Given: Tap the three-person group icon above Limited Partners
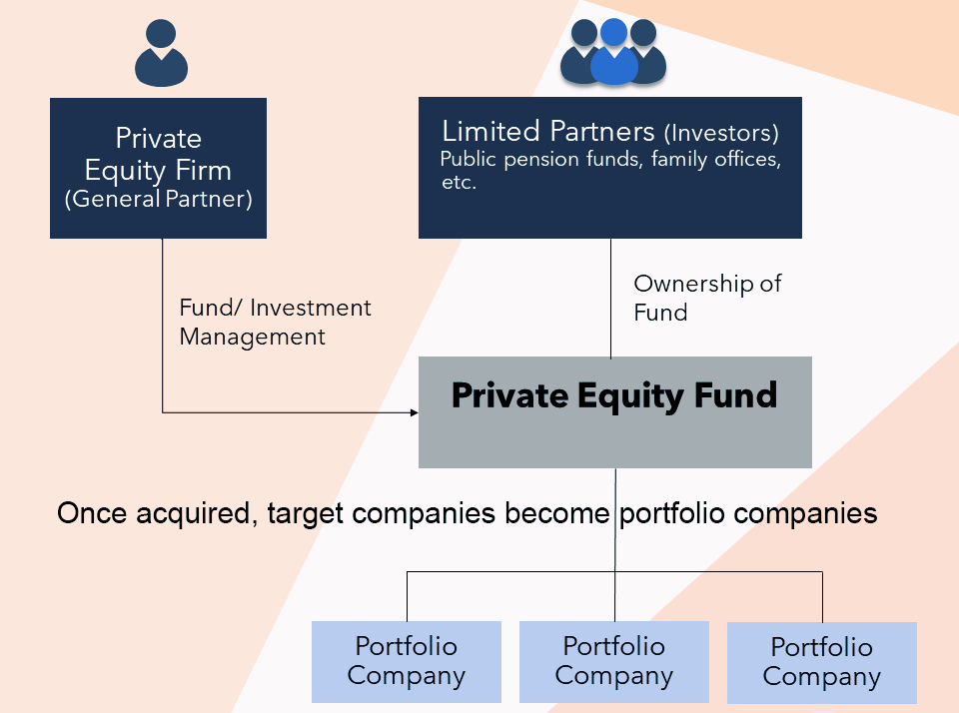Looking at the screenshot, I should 613,52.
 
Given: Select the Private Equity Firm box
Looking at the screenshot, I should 158,167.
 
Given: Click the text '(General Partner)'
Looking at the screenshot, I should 158,199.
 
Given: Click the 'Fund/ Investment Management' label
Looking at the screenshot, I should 275,322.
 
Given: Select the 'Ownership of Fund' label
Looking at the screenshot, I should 707,298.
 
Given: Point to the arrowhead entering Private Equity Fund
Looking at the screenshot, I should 412,411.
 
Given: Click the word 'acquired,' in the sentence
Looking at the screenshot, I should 188,513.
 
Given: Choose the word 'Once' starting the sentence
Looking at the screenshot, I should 88,513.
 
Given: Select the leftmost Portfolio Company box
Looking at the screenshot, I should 406,661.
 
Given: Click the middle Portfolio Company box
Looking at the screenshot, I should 613,661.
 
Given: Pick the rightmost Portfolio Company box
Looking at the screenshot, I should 821,662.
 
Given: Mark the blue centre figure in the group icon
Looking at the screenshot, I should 613,55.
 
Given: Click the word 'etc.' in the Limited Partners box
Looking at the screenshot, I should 459,184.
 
